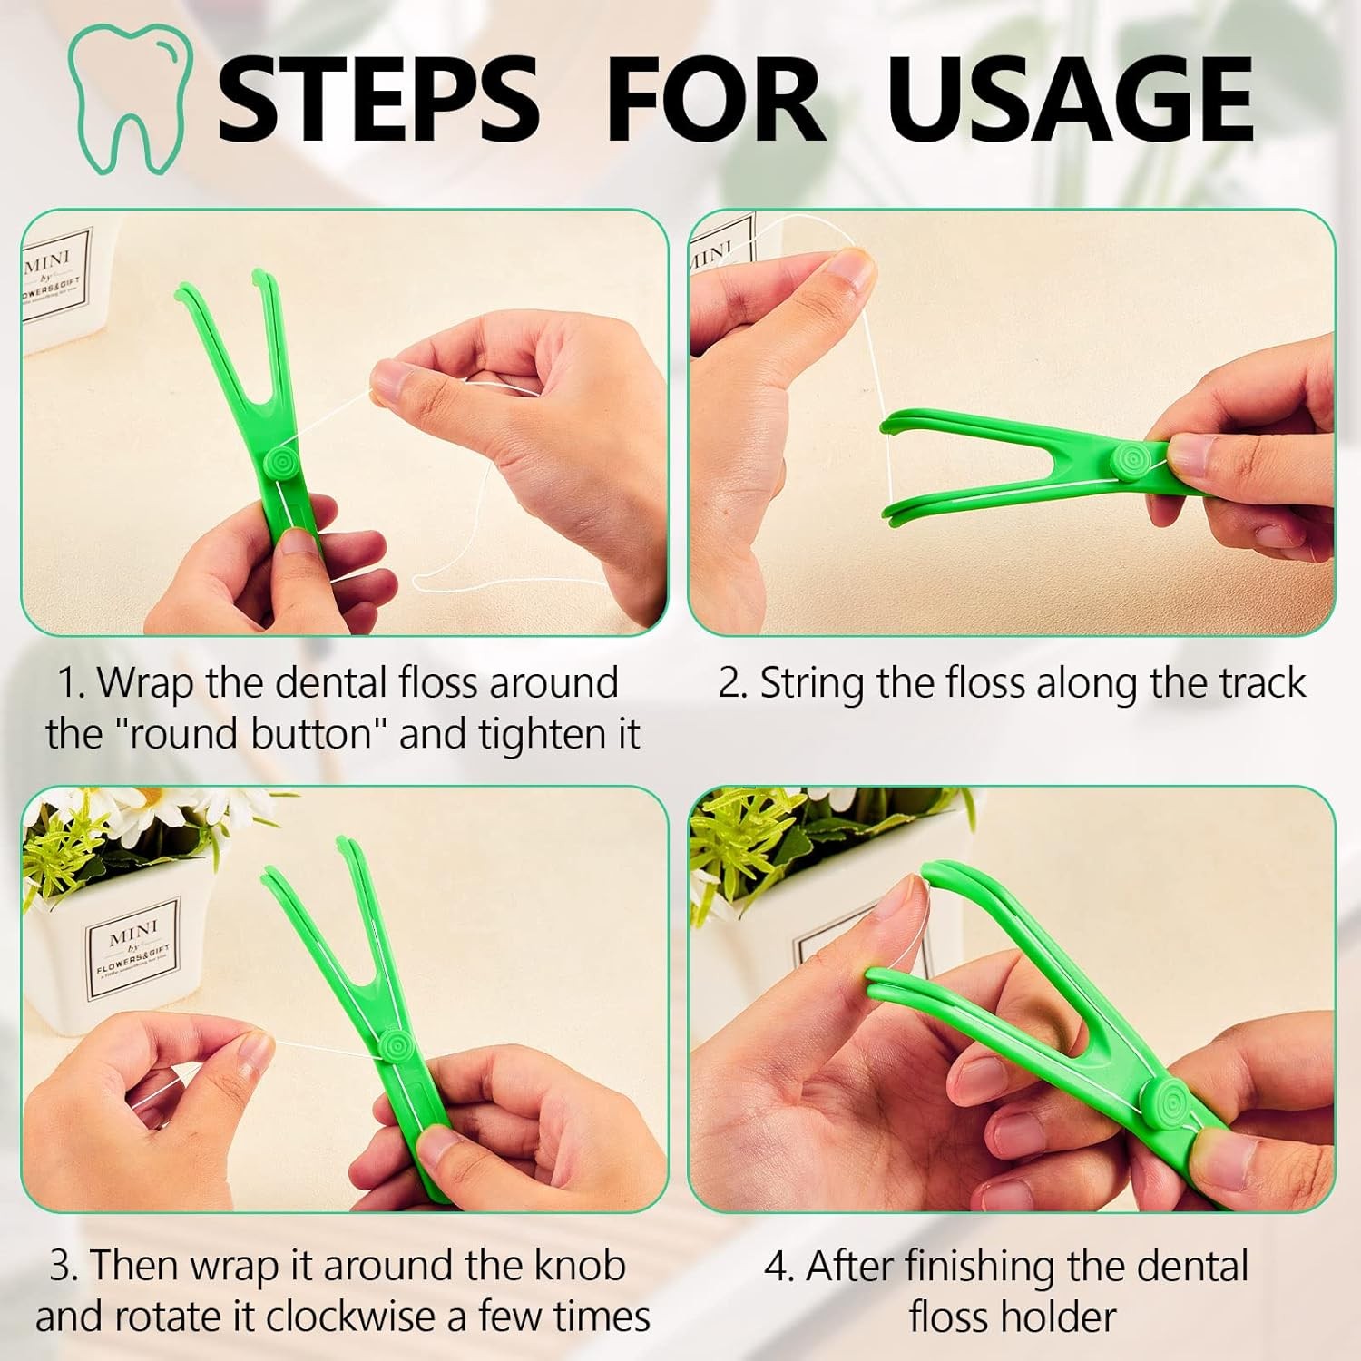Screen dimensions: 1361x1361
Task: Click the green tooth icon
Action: (x=130, y=100)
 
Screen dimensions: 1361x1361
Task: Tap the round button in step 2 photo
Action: (x=1131, y=460)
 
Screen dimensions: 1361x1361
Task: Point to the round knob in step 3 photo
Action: (x=396, y=1043)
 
